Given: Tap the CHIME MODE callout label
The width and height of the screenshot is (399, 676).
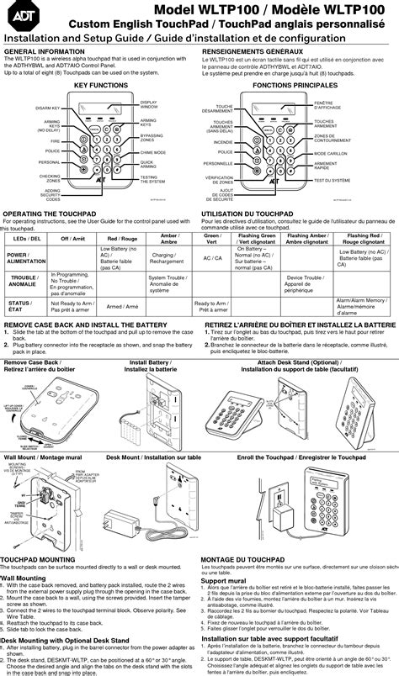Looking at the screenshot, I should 152,152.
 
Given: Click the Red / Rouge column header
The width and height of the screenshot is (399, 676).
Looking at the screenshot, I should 117,240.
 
